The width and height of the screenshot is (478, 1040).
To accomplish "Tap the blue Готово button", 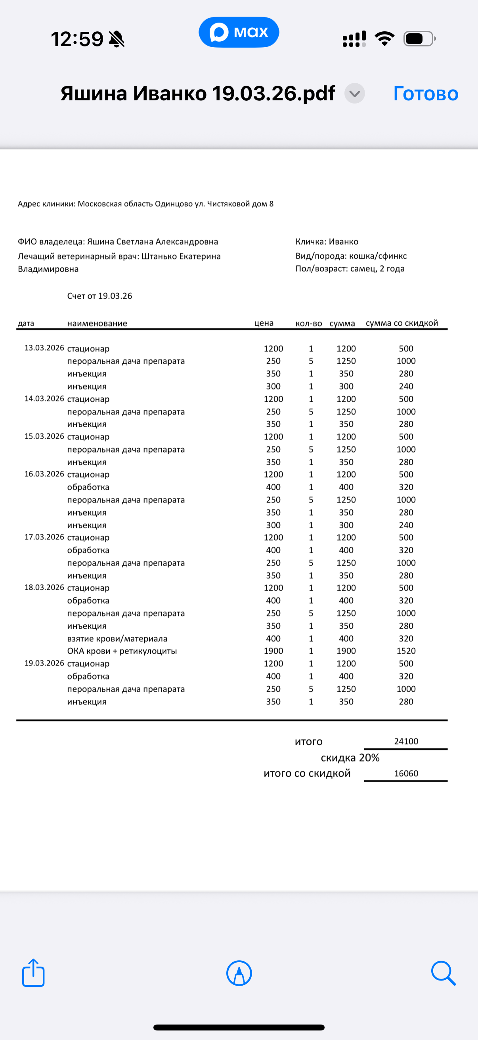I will pyautogui.click(x=426, y=94).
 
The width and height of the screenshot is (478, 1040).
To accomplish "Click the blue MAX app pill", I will pyautogui.click(x=239, y=32).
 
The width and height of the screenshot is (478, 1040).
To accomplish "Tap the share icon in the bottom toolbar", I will pyautogui.click(x=33, y=973).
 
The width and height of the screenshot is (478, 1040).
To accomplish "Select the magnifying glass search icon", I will pyautogui.click(x=443, y=973).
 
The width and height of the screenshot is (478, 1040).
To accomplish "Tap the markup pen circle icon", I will pyautogui.click(x=239, y=973).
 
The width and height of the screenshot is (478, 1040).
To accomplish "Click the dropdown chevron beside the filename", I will pyautogui.click(x=355, y=94).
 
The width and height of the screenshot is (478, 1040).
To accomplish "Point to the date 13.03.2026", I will pyautogui.click(x=44, y=348).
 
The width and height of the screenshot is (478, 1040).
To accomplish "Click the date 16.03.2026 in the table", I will pyautogui.click(x=44, y=474).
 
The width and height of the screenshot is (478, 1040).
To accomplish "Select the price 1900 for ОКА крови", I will pyautogui.click(x=273, y=651).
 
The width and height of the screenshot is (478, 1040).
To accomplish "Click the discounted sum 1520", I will pyautogui.click(x=406, y=651).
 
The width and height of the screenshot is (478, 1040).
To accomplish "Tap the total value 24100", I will pyautogui.click(x=406, y=741).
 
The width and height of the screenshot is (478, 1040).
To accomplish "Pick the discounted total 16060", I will pyautogui.click(x=406, y=773).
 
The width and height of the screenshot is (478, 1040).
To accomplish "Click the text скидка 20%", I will pyautogui.click(x=350, y=758).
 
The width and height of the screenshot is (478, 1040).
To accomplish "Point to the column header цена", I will pyautogui.click(x=264, y=323).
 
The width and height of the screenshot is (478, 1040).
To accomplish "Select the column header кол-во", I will pyautogui.click(x=309, y=323).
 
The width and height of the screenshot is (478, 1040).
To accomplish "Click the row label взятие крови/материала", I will pyautogui.click(x=117, y=638).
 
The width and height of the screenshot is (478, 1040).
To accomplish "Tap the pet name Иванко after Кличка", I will pyautogui.click(x=343, y=242).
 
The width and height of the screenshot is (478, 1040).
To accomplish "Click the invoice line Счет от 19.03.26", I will pyautogui.click(x=99, y=296).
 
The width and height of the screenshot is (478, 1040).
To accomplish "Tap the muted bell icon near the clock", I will pyautogui.click(x=117, y=39).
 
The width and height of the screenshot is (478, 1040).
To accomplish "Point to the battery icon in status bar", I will pyautogui.click(x=419, y=39).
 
